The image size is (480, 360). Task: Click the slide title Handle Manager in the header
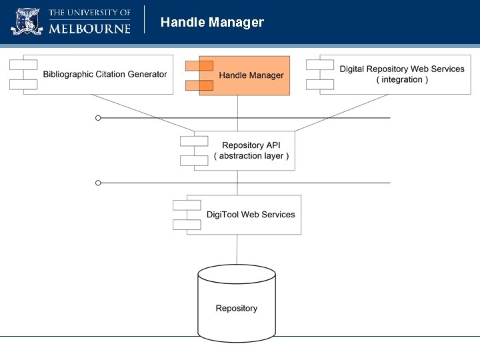(212, 23)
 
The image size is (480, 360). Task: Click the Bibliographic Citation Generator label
(105, 74)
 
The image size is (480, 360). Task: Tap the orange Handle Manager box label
(251, 75)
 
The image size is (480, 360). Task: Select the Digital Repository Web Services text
(401, 69)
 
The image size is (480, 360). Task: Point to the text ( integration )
(401, 80)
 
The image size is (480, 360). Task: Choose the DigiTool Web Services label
(250, 214)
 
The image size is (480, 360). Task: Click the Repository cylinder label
(236, 308)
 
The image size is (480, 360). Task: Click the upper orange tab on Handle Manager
(199, 65)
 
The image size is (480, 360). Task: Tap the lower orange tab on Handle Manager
(199, 85)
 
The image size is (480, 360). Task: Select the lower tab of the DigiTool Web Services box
(187, 225)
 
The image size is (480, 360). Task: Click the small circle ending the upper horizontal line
(98, 118)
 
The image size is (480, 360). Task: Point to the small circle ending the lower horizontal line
(98, 182)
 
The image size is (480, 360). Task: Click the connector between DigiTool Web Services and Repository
(237, 249)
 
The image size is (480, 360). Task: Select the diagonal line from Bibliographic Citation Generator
(147, 112)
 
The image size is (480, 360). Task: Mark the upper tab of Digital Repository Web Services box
(320, 65)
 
